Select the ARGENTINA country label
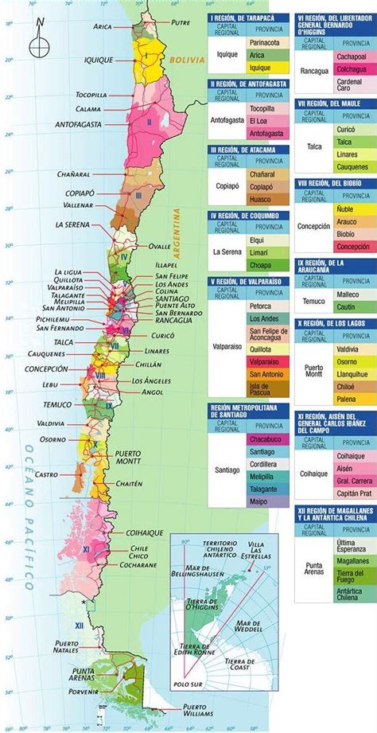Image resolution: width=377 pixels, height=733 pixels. [181, 231]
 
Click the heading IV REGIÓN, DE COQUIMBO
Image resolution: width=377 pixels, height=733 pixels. [248, 215]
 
